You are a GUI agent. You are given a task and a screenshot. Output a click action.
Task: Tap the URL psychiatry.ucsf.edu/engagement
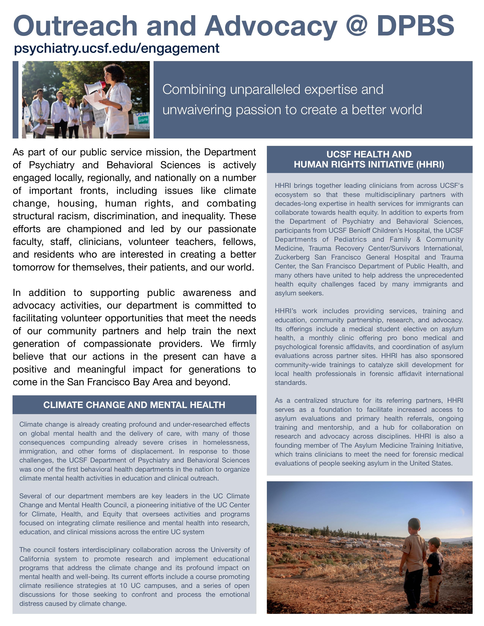click(117, 48)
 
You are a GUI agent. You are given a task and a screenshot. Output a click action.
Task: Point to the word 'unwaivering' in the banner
click(197, 110)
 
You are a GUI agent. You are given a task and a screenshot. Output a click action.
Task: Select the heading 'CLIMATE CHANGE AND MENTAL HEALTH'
click(134, 405)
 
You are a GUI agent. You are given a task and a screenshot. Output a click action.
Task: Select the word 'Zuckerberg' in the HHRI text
click(292, 257)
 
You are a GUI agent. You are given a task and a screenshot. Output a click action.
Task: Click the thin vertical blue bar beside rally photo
click(15, 100)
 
